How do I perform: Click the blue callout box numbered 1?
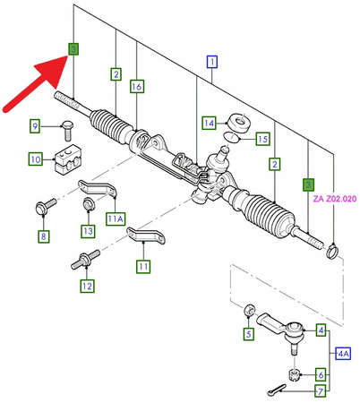pos(212,63)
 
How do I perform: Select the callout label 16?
pos(136,87)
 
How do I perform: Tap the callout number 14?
pos(208,123)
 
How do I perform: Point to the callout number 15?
pos(261,140)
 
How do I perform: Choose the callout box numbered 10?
pos(35,159)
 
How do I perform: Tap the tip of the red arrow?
pos(65,56)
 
